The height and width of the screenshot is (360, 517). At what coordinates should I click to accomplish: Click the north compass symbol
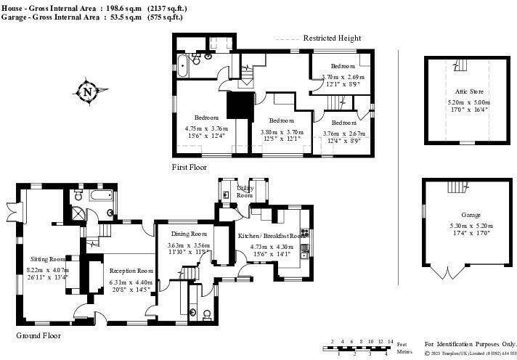click(x=87, y=92)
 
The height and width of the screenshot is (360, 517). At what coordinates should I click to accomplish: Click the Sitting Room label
click(x=49, y=258)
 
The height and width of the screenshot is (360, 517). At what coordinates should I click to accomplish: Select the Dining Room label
click(x=190, y=234)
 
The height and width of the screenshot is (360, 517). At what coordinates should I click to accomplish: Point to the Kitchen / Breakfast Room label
click(x=269, y=235)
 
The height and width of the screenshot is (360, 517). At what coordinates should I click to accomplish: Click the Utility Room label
click(x=245, y=192)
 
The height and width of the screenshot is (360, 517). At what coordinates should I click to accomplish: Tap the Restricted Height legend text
click(x=332, y=38)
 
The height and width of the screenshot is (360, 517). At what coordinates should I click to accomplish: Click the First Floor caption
click(x=190, y=167)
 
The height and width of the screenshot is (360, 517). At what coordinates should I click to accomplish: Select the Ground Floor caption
click(x=38, y=336)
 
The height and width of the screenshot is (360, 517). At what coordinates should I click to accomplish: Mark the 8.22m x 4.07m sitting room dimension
click(x=47, y=270)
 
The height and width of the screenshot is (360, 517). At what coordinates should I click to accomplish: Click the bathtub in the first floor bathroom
click(x=181, y=67)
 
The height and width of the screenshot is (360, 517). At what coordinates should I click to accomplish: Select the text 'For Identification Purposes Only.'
click(x=470, y=343)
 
